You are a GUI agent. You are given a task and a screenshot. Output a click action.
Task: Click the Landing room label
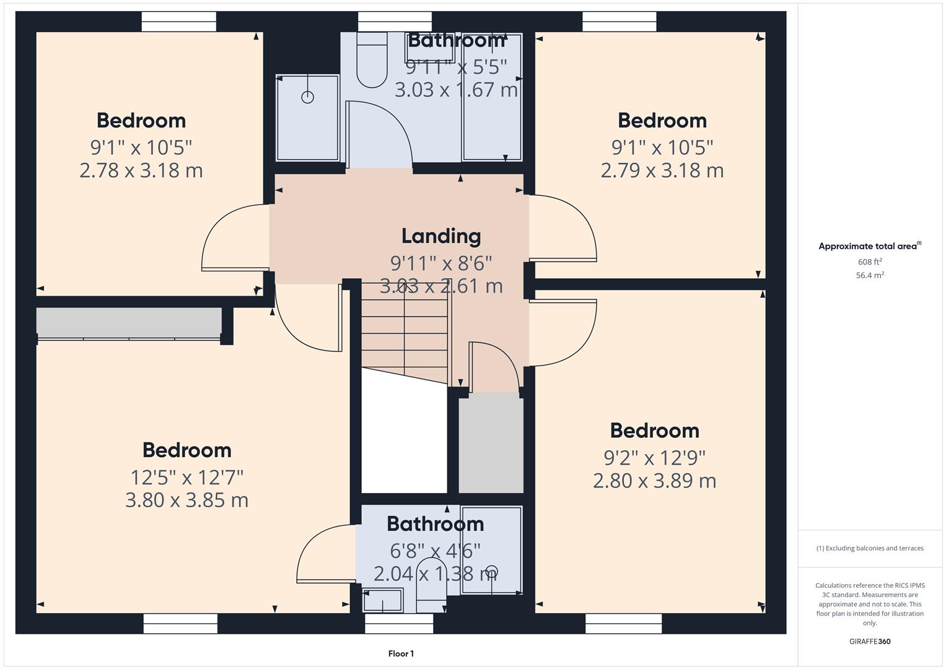(x=441, y=237)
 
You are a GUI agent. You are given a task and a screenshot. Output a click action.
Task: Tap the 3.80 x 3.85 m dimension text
(x=186, y=500)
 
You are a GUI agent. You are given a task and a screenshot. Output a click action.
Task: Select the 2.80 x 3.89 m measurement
(x=655, y=481)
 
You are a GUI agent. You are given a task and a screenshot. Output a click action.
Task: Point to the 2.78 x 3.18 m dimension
(x=141, y=170)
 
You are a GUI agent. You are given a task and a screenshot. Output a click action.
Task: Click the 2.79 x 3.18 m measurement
(x=662, y=170)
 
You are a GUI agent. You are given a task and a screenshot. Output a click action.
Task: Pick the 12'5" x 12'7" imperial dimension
(x=186, y=478)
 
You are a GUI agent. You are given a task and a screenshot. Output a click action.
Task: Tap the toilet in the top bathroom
(x=372, y=60)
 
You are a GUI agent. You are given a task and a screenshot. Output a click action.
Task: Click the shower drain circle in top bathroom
(x=307, y=97)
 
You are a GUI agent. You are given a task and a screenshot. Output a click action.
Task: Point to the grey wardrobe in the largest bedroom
(x=129, y=323)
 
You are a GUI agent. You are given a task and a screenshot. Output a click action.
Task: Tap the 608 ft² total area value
(x=870, y=262)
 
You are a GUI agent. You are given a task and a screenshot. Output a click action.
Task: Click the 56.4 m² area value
(x=870, y=276)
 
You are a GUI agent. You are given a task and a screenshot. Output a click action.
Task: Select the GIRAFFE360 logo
(x=870, y=641)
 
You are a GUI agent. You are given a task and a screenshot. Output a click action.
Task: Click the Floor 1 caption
(x=401, y=654)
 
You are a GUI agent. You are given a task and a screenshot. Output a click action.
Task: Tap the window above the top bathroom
(x=395, y=22)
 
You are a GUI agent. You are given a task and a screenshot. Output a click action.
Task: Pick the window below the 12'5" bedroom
(x=180, y=623)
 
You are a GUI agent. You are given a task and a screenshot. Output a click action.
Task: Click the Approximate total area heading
(x=870, y=247)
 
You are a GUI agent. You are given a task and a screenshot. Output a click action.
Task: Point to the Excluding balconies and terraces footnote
(x=870, y=548)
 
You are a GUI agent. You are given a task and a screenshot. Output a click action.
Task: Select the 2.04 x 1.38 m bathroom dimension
(x=435, y=574)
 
